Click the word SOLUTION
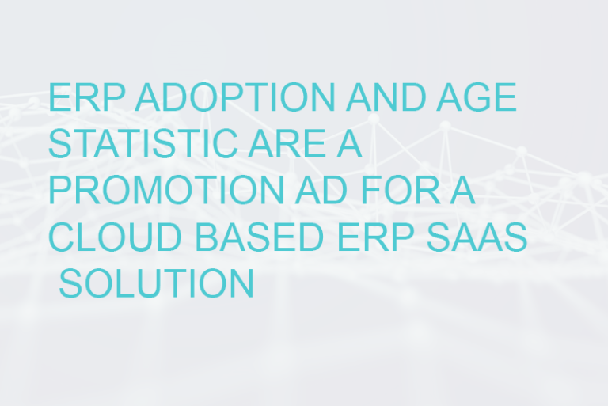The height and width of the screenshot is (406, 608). click(x=156, y=283)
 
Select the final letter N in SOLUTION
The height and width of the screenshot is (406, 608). click(x=241, y=283)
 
